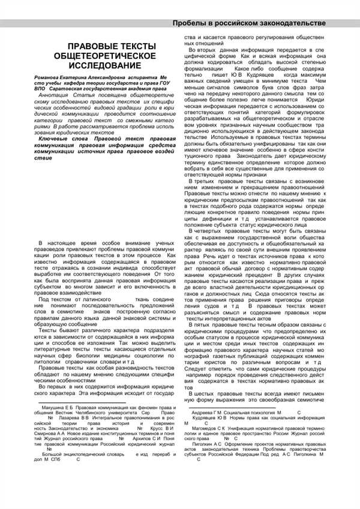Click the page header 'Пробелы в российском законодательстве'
click(249, 23)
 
